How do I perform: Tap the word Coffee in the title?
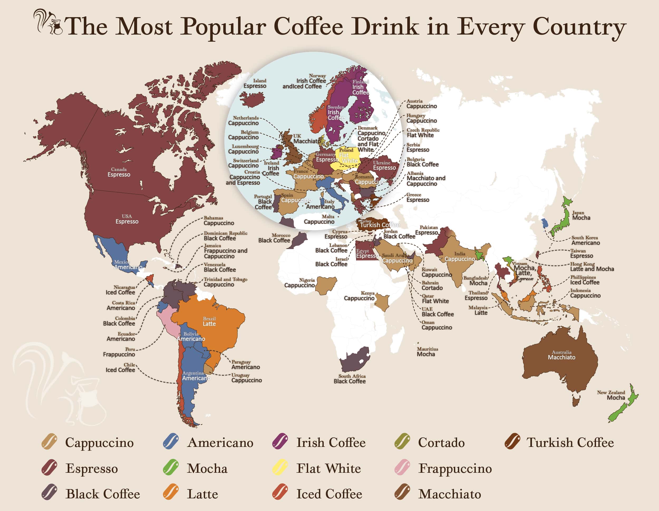pyautogui.click(x=308, y=27)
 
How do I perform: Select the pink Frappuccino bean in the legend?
pyautogui.click(x=402, y=467)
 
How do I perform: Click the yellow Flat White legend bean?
pyautogui.click(x=280, y=467)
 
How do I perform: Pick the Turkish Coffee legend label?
pyautogui.click(x=570, y=442)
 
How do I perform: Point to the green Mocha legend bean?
pyautogui.click(x=171, y=467)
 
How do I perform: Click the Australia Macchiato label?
pyautogui.click(x=561, y=355)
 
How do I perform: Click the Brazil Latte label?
pyautogui.click(x=209, y=321)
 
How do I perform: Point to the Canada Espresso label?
pyautogui.click(x=119, y=172)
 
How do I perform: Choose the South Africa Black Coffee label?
pyautogui.click(x=350, y=379)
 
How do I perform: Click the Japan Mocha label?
pyautogui.click(x=581, y=215)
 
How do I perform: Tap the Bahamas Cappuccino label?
pyautogui.click(x=219, y=221)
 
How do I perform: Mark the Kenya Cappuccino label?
pyautogui.click(x=359, y=296)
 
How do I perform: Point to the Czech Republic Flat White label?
pyautogui.click(x=423, y=133)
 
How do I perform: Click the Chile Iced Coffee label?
pyautogui.click(x=120, y=367)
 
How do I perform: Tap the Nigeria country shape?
pyautogui.click(x=326, y=284)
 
